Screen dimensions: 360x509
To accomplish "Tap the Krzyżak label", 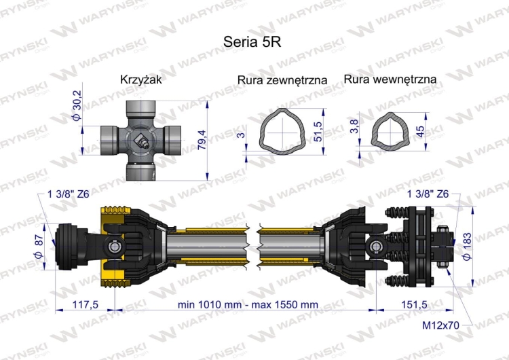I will [x=141, y=79].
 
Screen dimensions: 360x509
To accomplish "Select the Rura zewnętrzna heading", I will [x=282, y=80].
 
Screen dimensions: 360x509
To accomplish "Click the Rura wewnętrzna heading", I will [x=390, y=79].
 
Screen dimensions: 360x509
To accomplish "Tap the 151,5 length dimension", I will [x=412, y=304].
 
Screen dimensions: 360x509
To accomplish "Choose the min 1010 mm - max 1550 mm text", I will [x=247, y=304].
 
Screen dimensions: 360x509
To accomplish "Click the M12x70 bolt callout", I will [x=440, y=325].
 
